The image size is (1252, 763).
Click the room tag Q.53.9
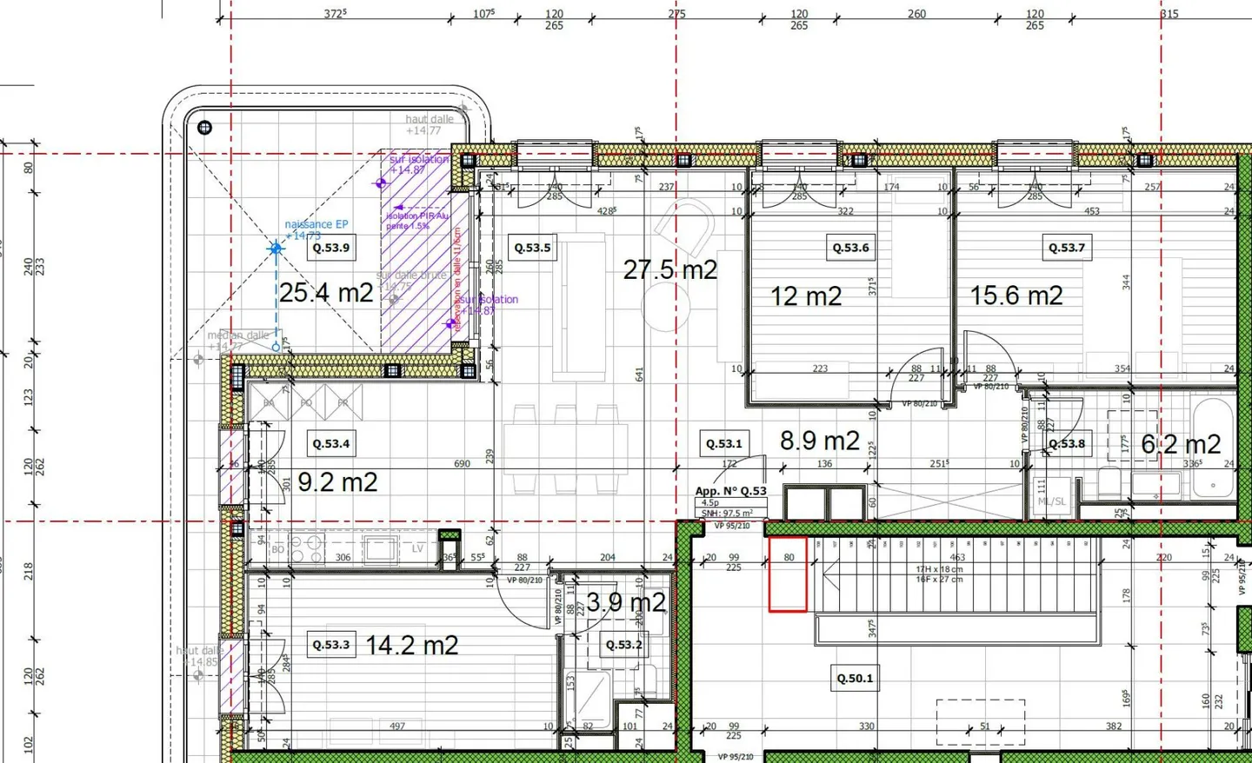pyautogui.click(x=330, y=248)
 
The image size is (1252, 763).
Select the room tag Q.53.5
pyautogui.click(x=532, y=248)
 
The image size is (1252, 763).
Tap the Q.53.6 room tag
pyautogui.click(x=850, y=248)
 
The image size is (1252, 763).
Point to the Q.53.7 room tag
pyautogui.click(x=1067, y=248)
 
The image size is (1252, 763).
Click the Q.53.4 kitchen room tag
pyautogui.click(x=330, y=443)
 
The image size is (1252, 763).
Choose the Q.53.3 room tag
pyautogui.click(x=330, y=645)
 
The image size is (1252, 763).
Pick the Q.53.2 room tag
pyautogui.click(x=624, y=645)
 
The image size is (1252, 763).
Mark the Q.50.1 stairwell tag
pyautogui.click(x=855, y=678)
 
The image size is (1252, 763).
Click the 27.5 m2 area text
pyautogui.click(x=670, y=270)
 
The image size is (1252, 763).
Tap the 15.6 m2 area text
pyautogui.click(x=1016, y=296)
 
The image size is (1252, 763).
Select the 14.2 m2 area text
pyautogui.click(x=411, y=646)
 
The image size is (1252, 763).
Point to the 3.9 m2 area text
pyautogui.click(x=626, y=602)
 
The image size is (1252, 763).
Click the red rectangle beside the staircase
pyautogui.click(x=788, y=574)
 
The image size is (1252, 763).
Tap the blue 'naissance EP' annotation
pyautogui.click(x=316, y=224)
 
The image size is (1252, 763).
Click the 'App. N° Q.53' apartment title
pyautogui.click(x=730, y=491)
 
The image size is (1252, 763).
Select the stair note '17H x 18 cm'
pyautogui.click(x=939, y=569)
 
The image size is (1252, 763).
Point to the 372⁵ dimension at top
pyautogui.click(x=335, y=14)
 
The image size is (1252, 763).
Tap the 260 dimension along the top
pyautogui.click(x=916, y=14)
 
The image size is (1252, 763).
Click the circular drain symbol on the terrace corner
pyautogui.click(x=204, y=128)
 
